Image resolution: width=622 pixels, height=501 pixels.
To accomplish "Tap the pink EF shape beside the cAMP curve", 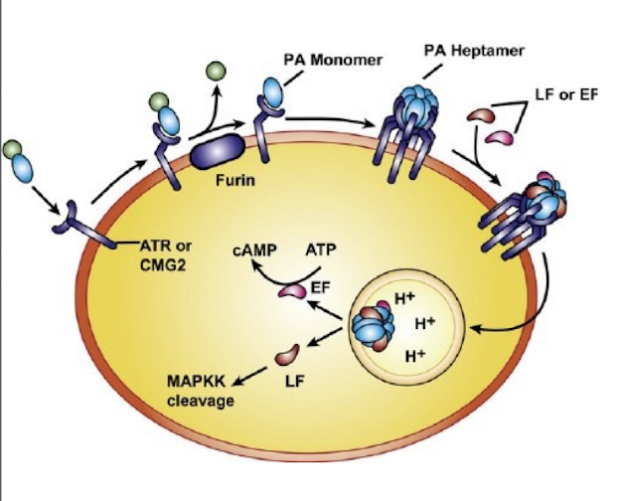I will point(293,290).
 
